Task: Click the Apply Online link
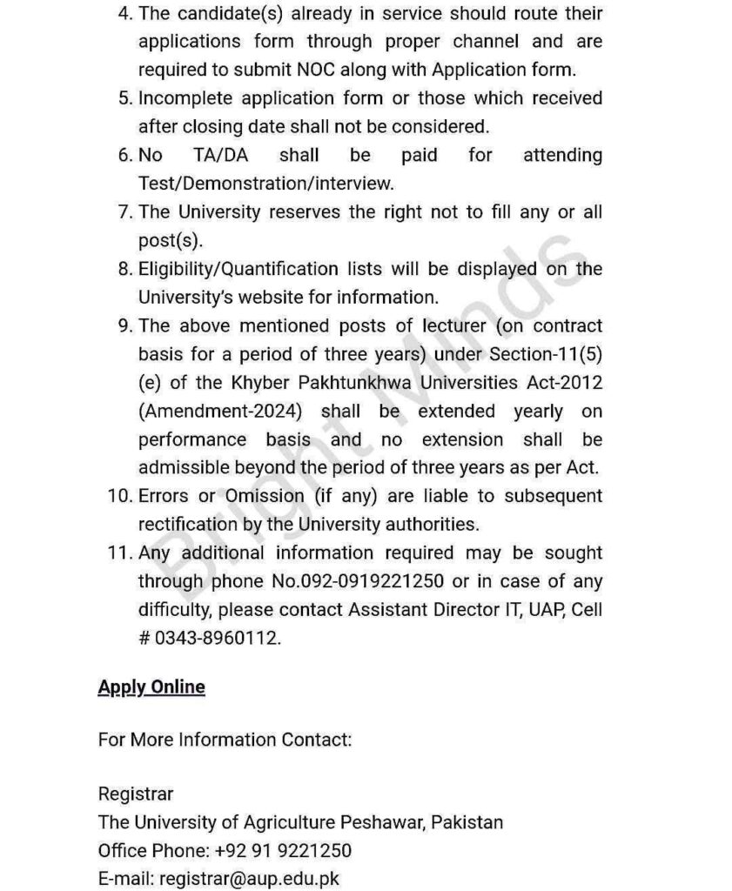(x=151, y=687)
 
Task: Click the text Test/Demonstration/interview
(x=265, y=184)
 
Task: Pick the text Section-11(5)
(x=542, y=354)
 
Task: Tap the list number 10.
(x=118, y=496)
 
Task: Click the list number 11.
(x=118, y=553)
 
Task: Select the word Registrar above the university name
(x=136, y=794)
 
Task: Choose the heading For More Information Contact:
(x=225, y=740)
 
